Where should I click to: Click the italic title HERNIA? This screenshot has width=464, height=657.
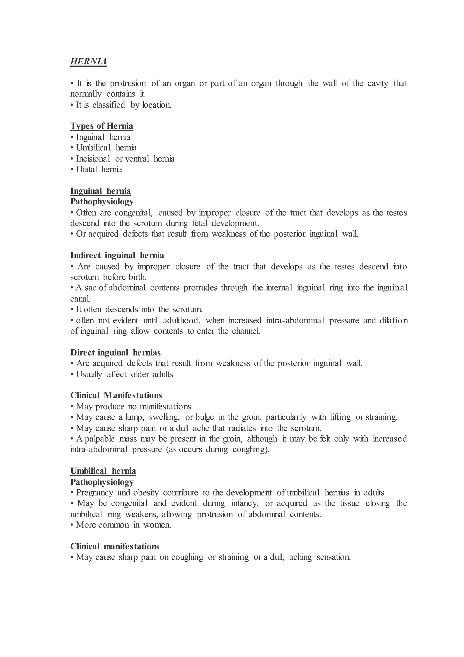click(89, 61)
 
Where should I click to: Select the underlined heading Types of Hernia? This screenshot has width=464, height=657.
click(102, 126)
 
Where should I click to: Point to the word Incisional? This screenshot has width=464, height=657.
click(93, 159)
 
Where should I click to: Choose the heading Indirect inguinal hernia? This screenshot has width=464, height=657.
click(117, 255)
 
